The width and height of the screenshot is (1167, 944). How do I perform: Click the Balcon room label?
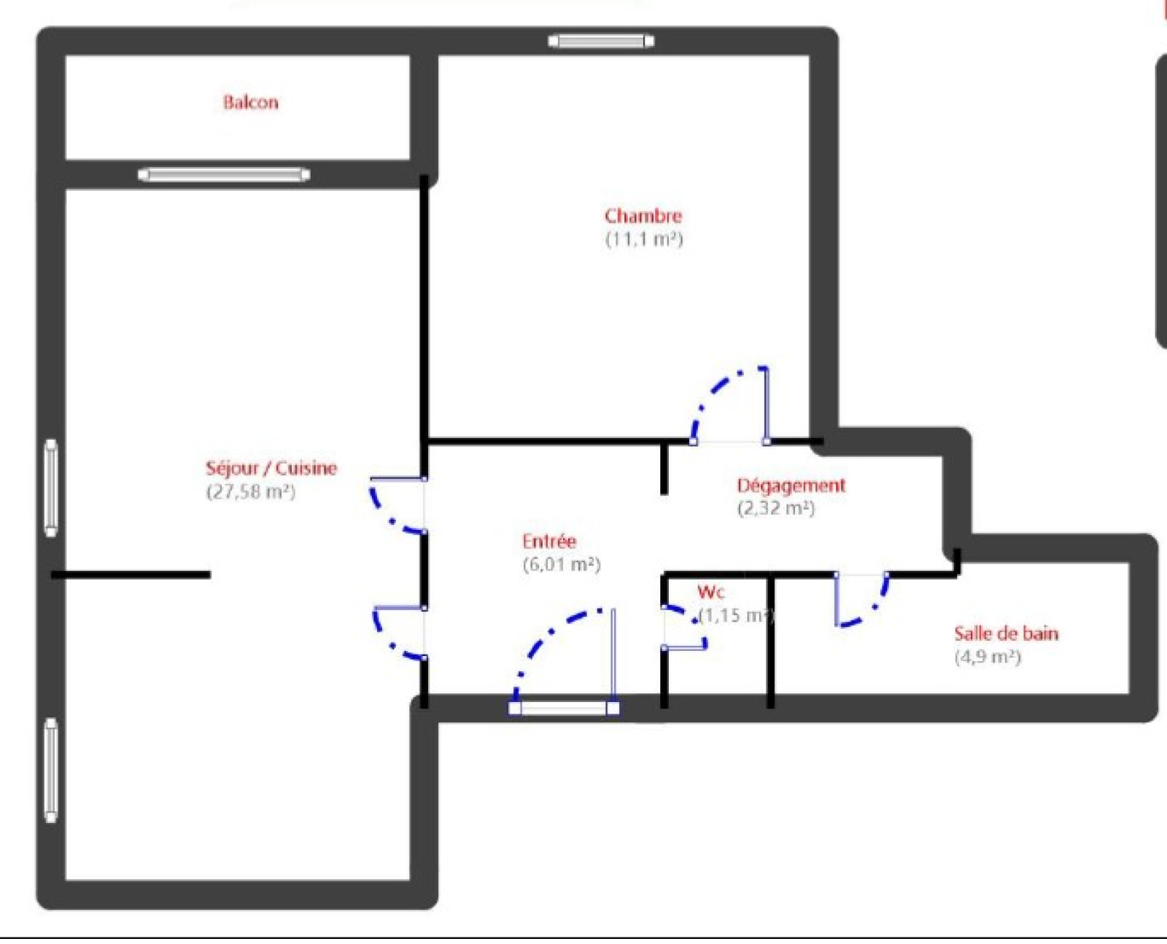pyautogui.click(x=250, y=102)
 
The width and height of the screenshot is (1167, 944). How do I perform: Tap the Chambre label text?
pyautogui.click(x=643, y=216)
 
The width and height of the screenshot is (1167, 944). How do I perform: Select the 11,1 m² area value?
pyautogui.click(x=644, y=239)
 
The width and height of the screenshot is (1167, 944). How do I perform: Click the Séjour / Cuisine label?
pyautogui.click(x=271, y=468)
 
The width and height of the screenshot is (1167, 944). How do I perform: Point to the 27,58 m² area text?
pyautogui.click(x=251, y=492)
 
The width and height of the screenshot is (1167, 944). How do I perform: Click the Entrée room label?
pyautogui.click(x=549, y=541)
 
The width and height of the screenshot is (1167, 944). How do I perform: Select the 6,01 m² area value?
pyautogui.click(x=562, y=564)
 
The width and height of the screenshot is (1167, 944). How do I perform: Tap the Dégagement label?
pyautogui.click(x=791, y=485)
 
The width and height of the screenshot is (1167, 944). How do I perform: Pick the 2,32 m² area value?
pyautogui.click(x=776, y=508)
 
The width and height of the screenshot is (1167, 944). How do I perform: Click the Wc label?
pyautogui.click(x=710, y=592)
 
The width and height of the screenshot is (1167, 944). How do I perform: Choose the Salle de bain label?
pyautogui.click(x=1007, y=633)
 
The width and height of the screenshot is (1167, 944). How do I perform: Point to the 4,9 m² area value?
pyautogui.click(x=988, y=657)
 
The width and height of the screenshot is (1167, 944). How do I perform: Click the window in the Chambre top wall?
pyautogui.click(x=601, y=41)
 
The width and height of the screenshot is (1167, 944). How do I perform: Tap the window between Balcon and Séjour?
pyautogui.click(x=223, y=175)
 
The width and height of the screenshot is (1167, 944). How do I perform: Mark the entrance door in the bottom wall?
pyautogui.click(x=565, y=708)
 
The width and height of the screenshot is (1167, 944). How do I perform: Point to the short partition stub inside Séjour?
pyautogui.click(x=131, y=575)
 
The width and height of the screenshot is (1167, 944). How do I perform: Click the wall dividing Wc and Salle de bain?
pyautogui.click(x=770, y=641)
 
